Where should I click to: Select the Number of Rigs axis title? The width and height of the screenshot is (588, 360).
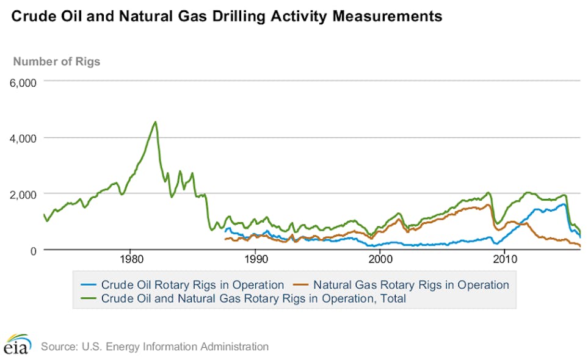pos(57,61)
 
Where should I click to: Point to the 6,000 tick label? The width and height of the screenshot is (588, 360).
pos(23,82)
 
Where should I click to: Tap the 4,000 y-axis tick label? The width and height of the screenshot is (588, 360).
pos(23,138)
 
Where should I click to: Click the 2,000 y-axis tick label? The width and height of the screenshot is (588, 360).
pos(23,194)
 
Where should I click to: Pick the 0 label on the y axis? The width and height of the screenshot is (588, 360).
pos(32,250)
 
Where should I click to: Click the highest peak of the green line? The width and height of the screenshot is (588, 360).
pos(156,122)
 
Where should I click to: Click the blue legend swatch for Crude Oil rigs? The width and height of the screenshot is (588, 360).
pos(89,284)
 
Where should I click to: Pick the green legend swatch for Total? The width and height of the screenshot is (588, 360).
pos(89,298)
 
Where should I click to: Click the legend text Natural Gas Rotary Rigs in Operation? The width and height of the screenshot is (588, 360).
pos(410,284)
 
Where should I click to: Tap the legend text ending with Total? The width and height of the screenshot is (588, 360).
pos(253,298)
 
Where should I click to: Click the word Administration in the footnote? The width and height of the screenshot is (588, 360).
pos(234,347)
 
